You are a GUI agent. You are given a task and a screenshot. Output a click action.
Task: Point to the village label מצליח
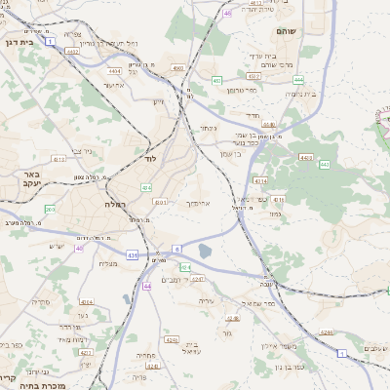point(108,263)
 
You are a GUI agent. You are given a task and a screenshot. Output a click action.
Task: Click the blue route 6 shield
point(177,250)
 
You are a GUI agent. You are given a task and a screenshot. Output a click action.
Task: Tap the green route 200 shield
point(50,209)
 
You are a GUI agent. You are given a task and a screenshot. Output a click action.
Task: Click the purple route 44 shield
point(146,286)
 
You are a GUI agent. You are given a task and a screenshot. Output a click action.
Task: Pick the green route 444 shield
point(298,80)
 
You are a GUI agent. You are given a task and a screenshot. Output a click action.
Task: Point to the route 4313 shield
point(58,158)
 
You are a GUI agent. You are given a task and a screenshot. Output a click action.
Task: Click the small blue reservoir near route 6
point(205,252)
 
